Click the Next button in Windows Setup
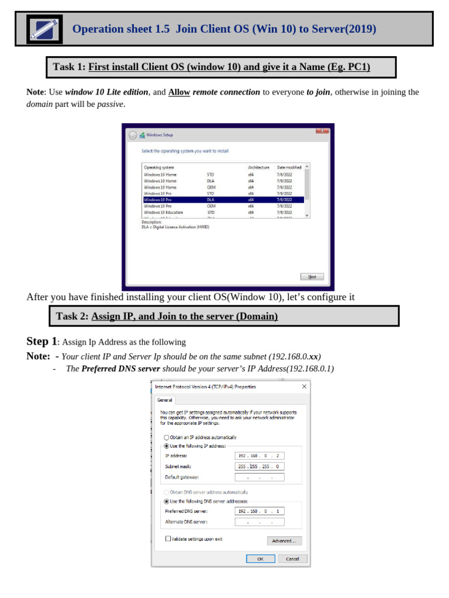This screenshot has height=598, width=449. (312, 277)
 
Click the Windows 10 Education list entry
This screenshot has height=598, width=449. (164, 213)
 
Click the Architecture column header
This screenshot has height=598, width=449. (258, 168)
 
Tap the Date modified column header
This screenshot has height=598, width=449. (289, 168)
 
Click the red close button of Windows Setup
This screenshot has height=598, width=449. (322, 131)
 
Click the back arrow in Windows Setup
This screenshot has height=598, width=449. (133, 135)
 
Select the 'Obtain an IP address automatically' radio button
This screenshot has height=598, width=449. (167, 437)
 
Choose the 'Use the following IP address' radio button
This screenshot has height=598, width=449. (167, 446)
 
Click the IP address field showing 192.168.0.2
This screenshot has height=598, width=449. (260, 456)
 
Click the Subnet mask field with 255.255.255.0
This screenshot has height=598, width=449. (260, 467)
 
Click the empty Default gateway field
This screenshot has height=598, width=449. (260, 477)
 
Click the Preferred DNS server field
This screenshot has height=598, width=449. (260, 511)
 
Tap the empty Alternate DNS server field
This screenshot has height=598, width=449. (260, 521)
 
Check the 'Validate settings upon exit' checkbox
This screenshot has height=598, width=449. (168, 539)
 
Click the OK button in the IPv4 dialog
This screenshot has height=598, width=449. (261, 559)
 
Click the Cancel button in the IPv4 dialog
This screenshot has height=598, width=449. (292, 559)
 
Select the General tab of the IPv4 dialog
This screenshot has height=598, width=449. (165, 400)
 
